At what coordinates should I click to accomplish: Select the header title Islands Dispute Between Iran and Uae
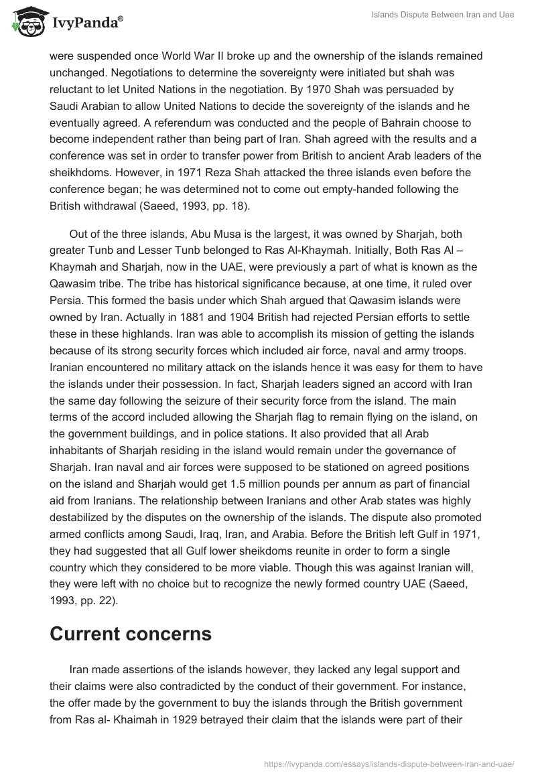pos(443,15)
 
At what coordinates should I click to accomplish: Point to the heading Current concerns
pos(131,634)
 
